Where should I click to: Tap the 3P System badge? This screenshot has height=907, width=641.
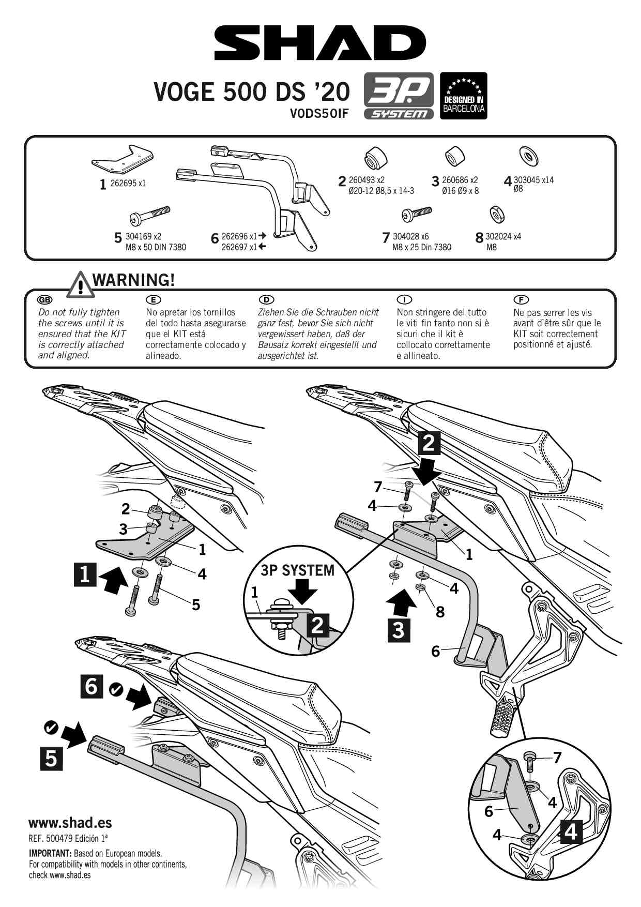(x=399, y=96)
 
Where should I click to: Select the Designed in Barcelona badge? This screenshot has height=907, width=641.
(x=463, y=96)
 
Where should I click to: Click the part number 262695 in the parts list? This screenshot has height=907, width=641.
(x=123, y=183)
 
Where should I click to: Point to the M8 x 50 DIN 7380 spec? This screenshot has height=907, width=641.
(x=156, y=247)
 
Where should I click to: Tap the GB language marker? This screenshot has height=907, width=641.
(x=45, y=300)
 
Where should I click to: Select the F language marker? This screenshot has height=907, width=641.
(x=521, y=300)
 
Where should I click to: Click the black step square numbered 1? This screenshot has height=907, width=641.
(x=85, y=575)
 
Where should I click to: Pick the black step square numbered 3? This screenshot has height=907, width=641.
(x=399, y=630)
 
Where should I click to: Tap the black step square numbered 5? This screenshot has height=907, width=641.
(x=51, y=759)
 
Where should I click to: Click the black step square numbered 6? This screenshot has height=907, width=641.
(x=91, y=686)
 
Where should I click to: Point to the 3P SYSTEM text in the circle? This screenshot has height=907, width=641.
(x=297, y=570)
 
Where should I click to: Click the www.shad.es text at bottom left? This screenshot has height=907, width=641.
(x=70, y=823)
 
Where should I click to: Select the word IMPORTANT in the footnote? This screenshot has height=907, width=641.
(x=50, y=853)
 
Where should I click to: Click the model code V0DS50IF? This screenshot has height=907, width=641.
(x=319, y=114)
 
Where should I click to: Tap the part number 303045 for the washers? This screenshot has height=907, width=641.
(x=526, y=180)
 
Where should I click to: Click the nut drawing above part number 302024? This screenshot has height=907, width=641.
(x=497, y=214)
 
